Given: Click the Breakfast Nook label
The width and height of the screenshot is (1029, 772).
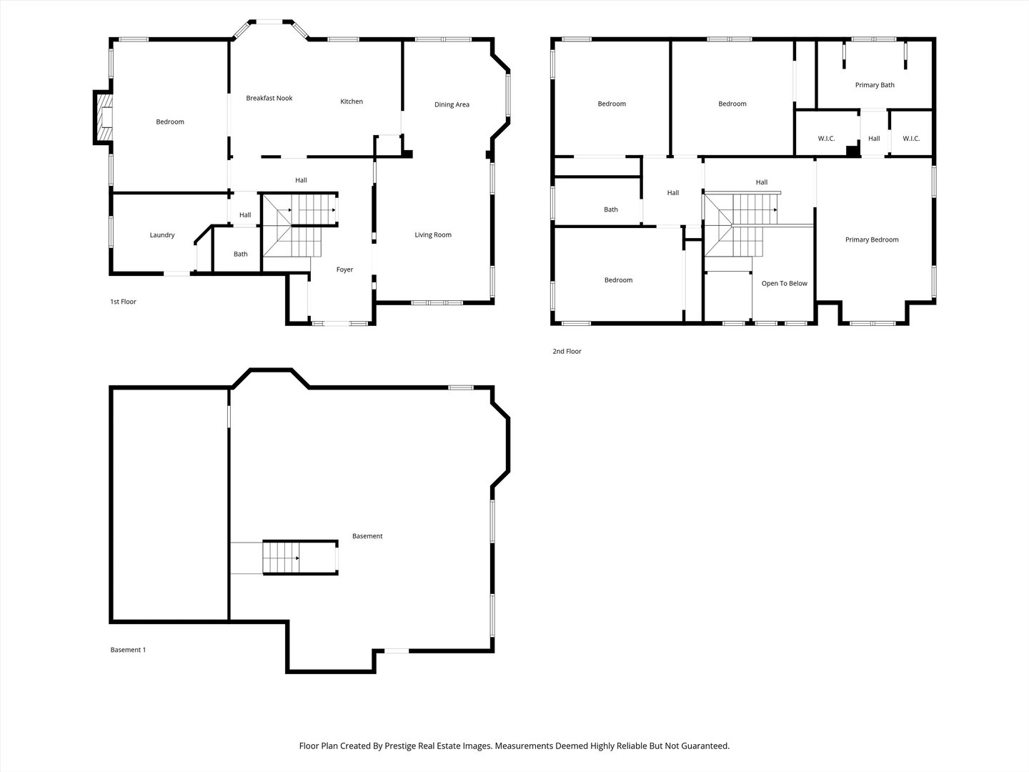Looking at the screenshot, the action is (269, 98).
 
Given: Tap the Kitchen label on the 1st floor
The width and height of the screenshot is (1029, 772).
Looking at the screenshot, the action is (352, 102).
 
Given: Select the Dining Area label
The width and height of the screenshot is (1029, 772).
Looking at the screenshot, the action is (452, 104).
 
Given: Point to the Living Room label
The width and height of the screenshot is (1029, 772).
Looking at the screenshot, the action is (433, 235).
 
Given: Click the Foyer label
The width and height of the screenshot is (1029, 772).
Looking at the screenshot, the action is (344, 269).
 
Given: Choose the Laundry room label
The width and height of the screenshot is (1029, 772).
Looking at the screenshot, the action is (162, 235).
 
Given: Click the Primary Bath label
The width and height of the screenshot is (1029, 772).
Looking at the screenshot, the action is (875, 85).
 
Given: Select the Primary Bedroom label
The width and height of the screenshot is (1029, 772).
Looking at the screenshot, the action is (872, 240).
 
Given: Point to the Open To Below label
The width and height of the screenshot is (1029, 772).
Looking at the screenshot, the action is (785, 284).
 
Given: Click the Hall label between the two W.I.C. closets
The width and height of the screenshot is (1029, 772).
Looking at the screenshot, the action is (874, 138).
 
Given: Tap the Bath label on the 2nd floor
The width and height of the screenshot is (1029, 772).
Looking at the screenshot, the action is (611, 209).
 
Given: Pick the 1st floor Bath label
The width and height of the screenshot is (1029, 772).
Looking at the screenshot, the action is (241, 254).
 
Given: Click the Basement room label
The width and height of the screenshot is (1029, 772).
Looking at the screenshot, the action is (367, 536).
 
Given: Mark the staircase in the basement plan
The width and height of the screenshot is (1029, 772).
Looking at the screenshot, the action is (300, 558).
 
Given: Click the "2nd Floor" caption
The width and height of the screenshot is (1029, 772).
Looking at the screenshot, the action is (567, 351).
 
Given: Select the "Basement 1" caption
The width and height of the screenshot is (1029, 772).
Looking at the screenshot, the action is (128, 650).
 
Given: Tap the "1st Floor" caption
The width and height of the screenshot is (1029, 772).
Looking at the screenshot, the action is (124, 302).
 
